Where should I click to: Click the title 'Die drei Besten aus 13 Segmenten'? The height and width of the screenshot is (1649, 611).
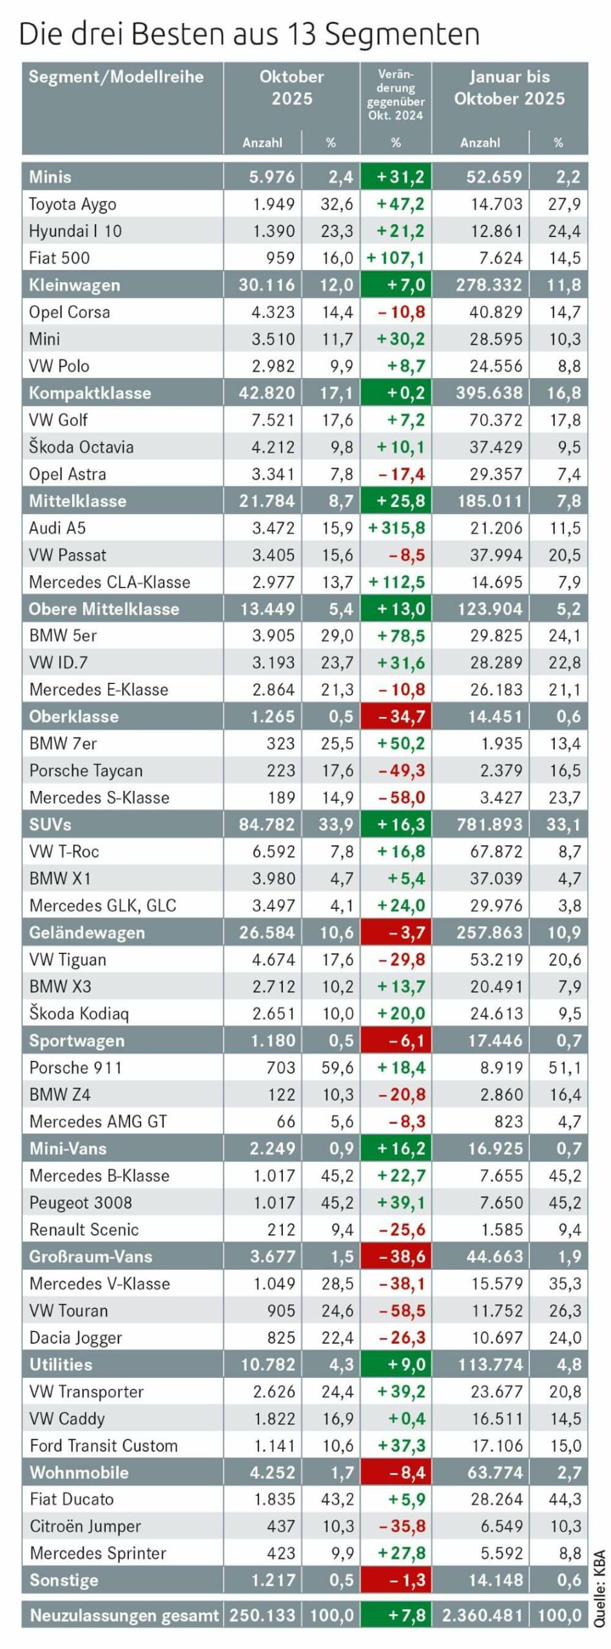(x=249, y=34)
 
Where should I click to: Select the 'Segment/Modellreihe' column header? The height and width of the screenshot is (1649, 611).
(x=116, y=77)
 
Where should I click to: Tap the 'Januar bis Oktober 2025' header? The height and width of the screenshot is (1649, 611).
(x=509, y=88)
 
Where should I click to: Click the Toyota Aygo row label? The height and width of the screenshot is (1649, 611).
(x=73, y=204)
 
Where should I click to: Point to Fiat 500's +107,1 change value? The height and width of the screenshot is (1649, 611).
(x=396, y=258)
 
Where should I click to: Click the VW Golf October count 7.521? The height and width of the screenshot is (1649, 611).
(x=273, y=420)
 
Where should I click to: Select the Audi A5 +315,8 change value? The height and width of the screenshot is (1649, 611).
(x=396, y=528)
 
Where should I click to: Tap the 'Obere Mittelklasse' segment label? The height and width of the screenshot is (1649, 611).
(x=104, y=609)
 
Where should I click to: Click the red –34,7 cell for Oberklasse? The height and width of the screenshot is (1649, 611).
(x=396, y=716)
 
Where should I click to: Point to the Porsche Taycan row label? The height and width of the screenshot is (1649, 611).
(x=86, y=770)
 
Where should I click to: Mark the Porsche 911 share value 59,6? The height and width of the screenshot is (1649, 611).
(x=338, y=1067)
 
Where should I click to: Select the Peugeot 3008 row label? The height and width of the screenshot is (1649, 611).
(x=81, y=1203)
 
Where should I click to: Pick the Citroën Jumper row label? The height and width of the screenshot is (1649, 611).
(x=85, y=1527)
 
